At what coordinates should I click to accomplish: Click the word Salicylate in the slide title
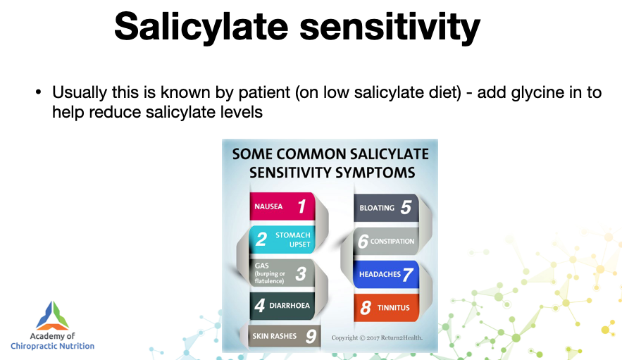point(201,27)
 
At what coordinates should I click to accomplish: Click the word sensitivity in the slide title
point(390,27)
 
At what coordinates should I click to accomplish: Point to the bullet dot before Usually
point(38,92)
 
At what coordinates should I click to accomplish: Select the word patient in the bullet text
point(264,92)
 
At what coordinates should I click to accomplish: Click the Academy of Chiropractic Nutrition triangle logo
point(53,316)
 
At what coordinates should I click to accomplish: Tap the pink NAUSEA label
point(268,206)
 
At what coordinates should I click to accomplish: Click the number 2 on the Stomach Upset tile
point(261,239)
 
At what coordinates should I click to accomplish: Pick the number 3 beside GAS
point(301,273)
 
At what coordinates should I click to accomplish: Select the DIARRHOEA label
point(290,305)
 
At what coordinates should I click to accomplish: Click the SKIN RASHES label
point(275,336)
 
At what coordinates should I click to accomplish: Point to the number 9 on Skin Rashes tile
point(311,337)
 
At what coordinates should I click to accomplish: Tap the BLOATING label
point(377,208)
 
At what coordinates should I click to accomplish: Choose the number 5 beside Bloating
point(406,207)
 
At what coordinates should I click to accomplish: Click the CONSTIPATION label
point(392,242)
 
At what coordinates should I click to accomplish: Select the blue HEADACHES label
point(380,274)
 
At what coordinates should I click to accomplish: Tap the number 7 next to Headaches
point(408,275)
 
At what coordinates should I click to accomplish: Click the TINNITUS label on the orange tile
point(394,308)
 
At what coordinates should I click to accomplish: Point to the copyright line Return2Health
point(377,337)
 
